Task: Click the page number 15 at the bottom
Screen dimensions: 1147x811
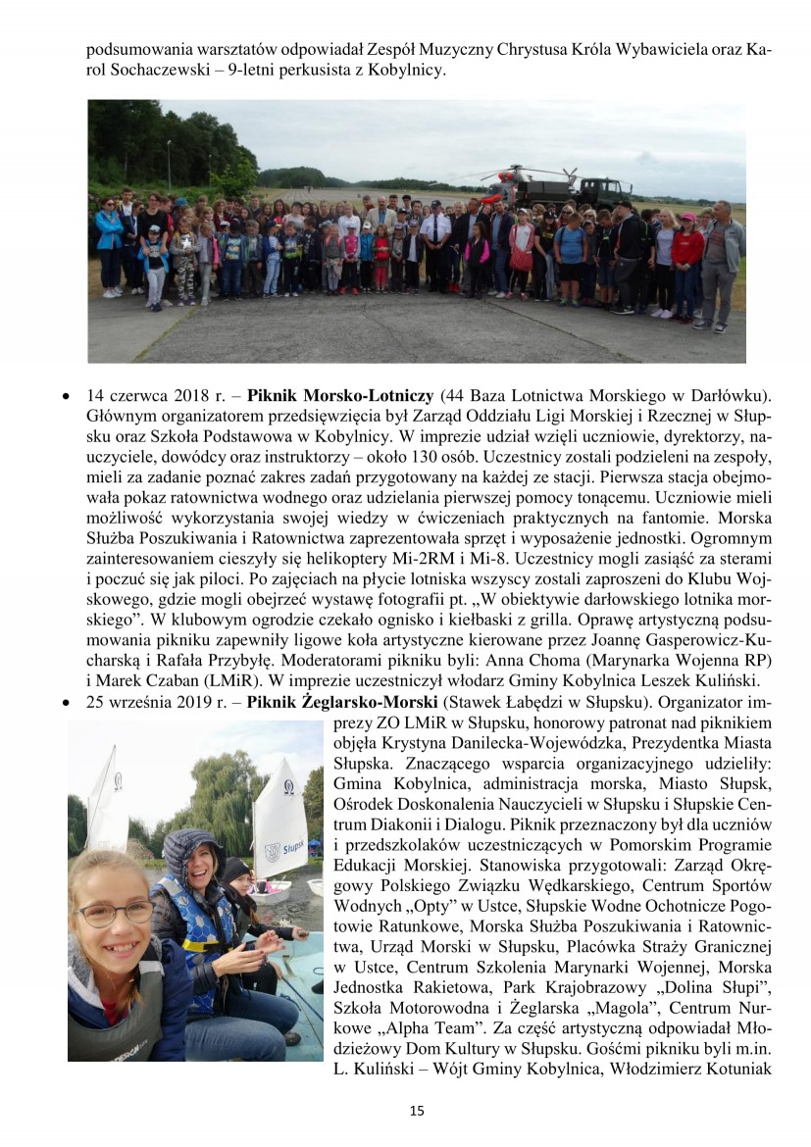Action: coord(417,1111)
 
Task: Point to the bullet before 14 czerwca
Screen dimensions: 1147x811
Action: coord(65,397)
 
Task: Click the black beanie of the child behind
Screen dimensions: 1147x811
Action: coord(236,868)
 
